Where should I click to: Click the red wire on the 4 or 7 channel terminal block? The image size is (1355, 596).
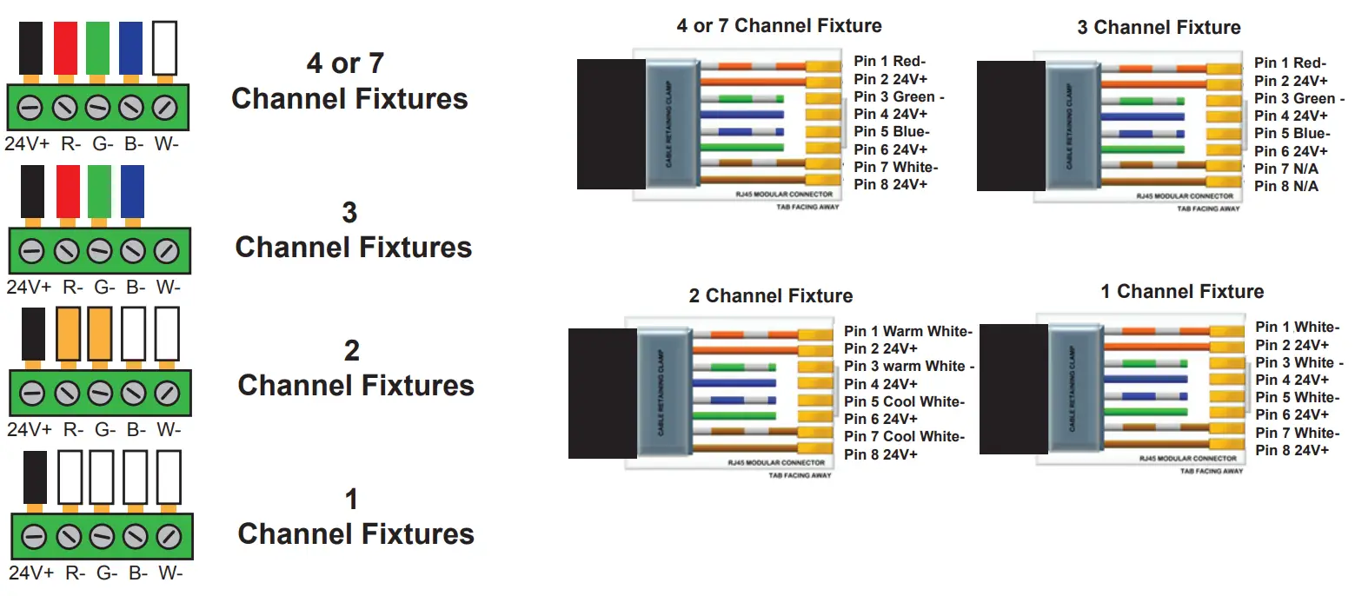(x=66, y=49)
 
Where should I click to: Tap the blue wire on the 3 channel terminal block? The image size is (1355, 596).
(x=132, y=191)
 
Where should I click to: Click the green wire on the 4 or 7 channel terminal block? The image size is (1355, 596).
(x=97, y=49)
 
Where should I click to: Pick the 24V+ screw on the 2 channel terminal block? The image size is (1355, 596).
(x=31, y=393)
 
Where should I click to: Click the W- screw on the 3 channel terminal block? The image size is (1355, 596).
(x=166, y=252)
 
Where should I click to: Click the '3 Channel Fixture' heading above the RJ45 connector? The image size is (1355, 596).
(x=1158, y=28)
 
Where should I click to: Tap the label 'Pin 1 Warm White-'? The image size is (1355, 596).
(x=907, y=332)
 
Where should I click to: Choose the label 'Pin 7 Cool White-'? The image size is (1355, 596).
(x=904, y=436)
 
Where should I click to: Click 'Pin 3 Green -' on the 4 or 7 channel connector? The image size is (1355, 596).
(x=899, y=97)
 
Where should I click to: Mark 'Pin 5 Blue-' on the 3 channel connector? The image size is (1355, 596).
(x=1292, y=134)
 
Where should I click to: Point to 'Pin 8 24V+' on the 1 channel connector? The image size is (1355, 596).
(x=1292, y=450)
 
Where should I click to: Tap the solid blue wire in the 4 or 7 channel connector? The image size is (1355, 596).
(x=741, y=115)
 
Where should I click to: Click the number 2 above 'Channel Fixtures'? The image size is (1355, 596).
(x=351, y=351)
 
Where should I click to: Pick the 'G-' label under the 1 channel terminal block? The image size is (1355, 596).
(x=106, y=573)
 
